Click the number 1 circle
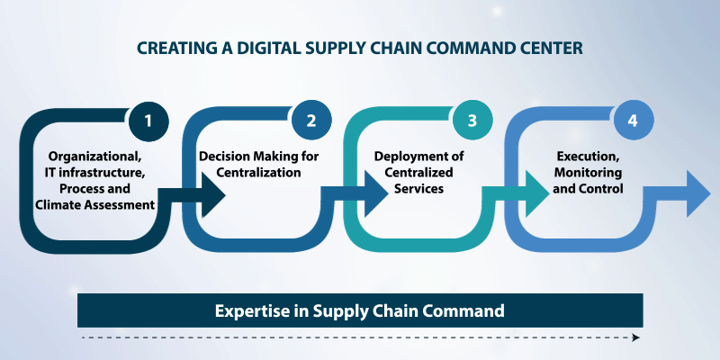pyautogui.click(x=148, y=121)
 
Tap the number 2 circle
pyautogui.click(x=311, y=121)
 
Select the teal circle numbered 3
pyautogui.click(x=472, y=121)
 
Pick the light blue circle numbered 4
pyautogui.click(x=634, y=121)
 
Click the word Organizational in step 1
pyautogui.click(x=95, y=157)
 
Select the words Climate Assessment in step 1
pyautogui.click(x=95, y=205)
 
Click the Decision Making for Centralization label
pyautogui.click(x=258, y=165)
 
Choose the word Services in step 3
pyautogui.click(x=419, y=188)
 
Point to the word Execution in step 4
pyautogui.click(x=589, y=156)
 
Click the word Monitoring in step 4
pyautogui.click(x=589, y=173)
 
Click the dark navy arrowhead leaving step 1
pyautogui.click(x=211, y=195)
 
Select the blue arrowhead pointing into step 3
pyautogui.click(x=374, y=195)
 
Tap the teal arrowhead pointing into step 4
pyautogui.click(x=535, y=195)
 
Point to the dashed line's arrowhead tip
pyautogui.click(x=640, y=338)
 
